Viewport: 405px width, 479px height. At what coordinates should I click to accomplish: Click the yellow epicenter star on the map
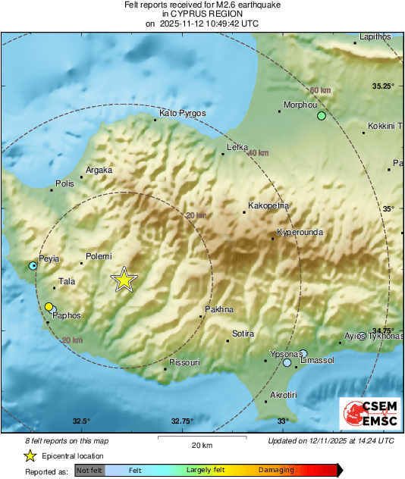124,280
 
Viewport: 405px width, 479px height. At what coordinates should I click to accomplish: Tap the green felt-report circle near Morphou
322,116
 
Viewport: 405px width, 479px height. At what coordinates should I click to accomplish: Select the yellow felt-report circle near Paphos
49,306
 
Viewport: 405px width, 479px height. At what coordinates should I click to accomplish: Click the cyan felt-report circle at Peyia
33,266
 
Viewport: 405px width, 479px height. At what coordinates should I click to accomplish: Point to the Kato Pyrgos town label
183,113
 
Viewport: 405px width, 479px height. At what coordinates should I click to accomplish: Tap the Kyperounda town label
301,232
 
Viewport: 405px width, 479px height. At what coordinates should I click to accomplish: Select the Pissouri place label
184,362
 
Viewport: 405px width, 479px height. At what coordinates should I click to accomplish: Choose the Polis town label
64,183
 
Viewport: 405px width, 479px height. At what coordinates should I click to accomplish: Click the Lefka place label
238,148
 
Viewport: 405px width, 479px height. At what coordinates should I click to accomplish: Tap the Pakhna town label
219,309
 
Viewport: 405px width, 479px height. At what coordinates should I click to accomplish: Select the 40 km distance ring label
259,152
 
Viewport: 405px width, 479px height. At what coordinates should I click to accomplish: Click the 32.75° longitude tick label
182,421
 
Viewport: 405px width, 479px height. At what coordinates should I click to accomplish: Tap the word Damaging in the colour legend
276,470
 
